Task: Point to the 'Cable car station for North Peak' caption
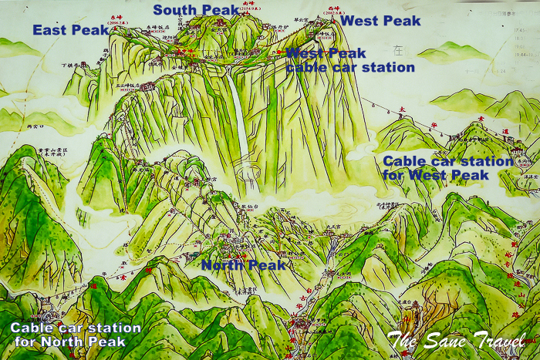pyautogui.click(x=76, y=334)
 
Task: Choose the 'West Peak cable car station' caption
pyautogui.click(x=349, y=60)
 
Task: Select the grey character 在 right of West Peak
pyautogui.click(x=399, y=50)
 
